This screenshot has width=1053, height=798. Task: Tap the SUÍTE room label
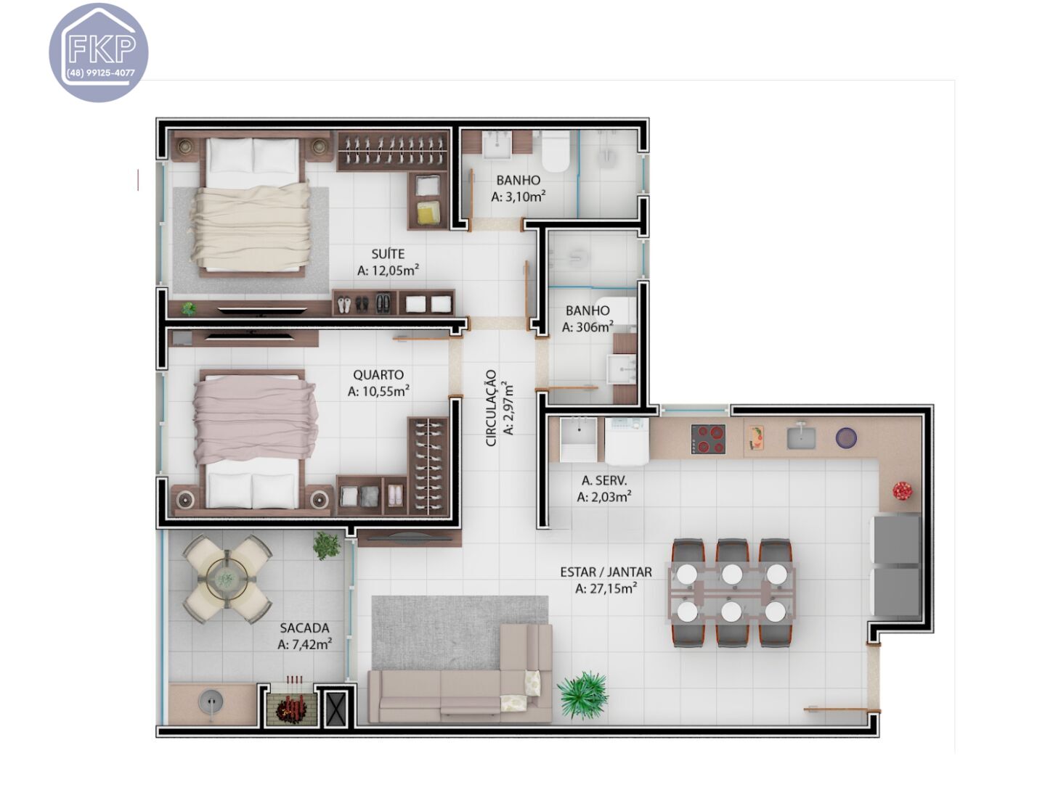(x=388, y=254)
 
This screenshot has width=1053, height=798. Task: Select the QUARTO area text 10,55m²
(x=378, y=392)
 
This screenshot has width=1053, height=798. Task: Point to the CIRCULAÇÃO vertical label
(x=492, y=408)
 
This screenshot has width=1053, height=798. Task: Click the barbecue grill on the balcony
(x=292, y=705)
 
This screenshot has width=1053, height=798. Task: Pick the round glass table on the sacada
(x=227, y=579)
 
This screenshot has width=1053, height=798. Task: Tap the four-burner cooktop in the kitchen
(x=708, y=439)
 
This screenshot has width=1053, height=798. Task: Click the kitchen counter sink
(x=800, y=437)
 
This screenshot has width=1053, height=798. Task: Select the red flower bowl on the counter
(x=902, y=490)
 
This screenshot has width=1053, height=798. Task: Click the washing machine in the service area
(x=627, y=440)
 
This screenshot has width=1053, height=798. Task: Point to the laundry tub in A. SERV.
(x=578, y=439)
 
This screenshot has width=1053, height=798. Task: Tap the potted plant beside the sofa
(x=582, y=694)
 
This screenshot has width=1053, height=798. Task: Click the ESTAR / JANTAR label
(x=606, y=572)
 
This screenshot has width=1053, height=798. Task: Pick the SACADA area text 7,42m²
(x=305, y=644)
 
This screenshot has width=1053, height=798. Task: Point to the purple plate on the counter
(x=846, y=438)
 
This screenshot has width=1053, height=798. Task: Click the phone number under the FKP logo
(x=100, y=73)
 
